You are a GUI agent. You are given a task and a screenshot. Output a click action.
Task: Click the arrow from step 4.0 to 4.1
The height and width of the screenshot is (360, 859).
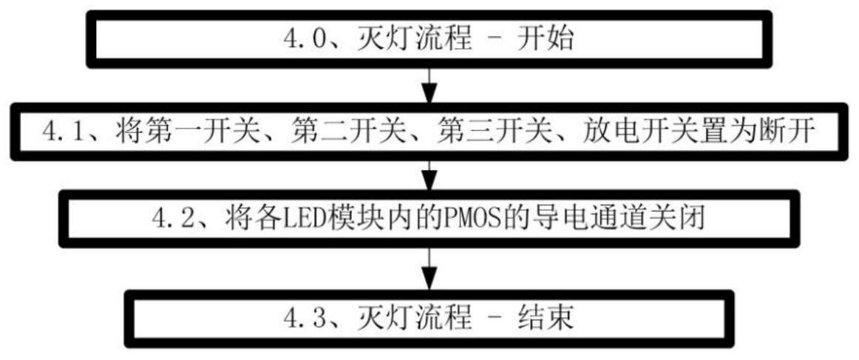tap(429, 85)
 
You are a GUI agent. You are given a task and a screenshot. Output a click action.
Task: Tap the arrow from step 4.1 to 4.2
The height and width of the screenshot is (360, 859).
tap(429, 175)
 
